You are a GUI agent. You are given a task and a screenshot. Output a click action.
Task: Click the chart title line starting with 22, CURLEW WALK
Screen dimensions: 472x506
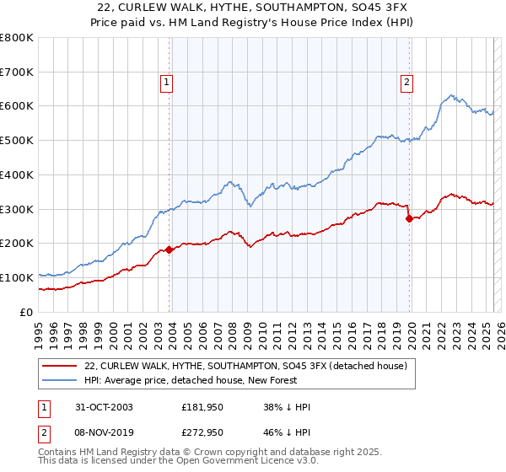(x=252, y=8)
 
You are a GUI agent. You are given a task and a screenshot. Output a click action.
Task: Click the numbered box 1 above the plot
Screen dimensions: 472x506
(x=168, y=83)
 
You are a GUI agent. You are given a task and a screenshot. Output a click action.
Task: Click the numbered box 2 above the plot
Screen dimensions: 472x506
(x=406, y=83)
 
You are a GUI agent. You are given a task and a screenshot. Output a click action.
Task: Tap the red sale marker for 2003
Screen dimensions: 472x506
(x=170, y=249)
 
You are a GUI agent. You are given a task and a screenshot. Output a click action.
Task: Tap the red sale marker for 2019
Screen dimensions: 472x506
(x=409, y=218)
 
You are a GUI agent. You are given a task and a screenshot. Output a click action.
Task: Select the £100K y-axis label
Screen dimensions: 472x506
(x=19, y=277)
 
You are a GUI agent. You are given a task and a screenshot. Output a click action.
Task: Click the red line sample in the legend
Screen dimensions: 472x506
(x=60, y=366)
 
